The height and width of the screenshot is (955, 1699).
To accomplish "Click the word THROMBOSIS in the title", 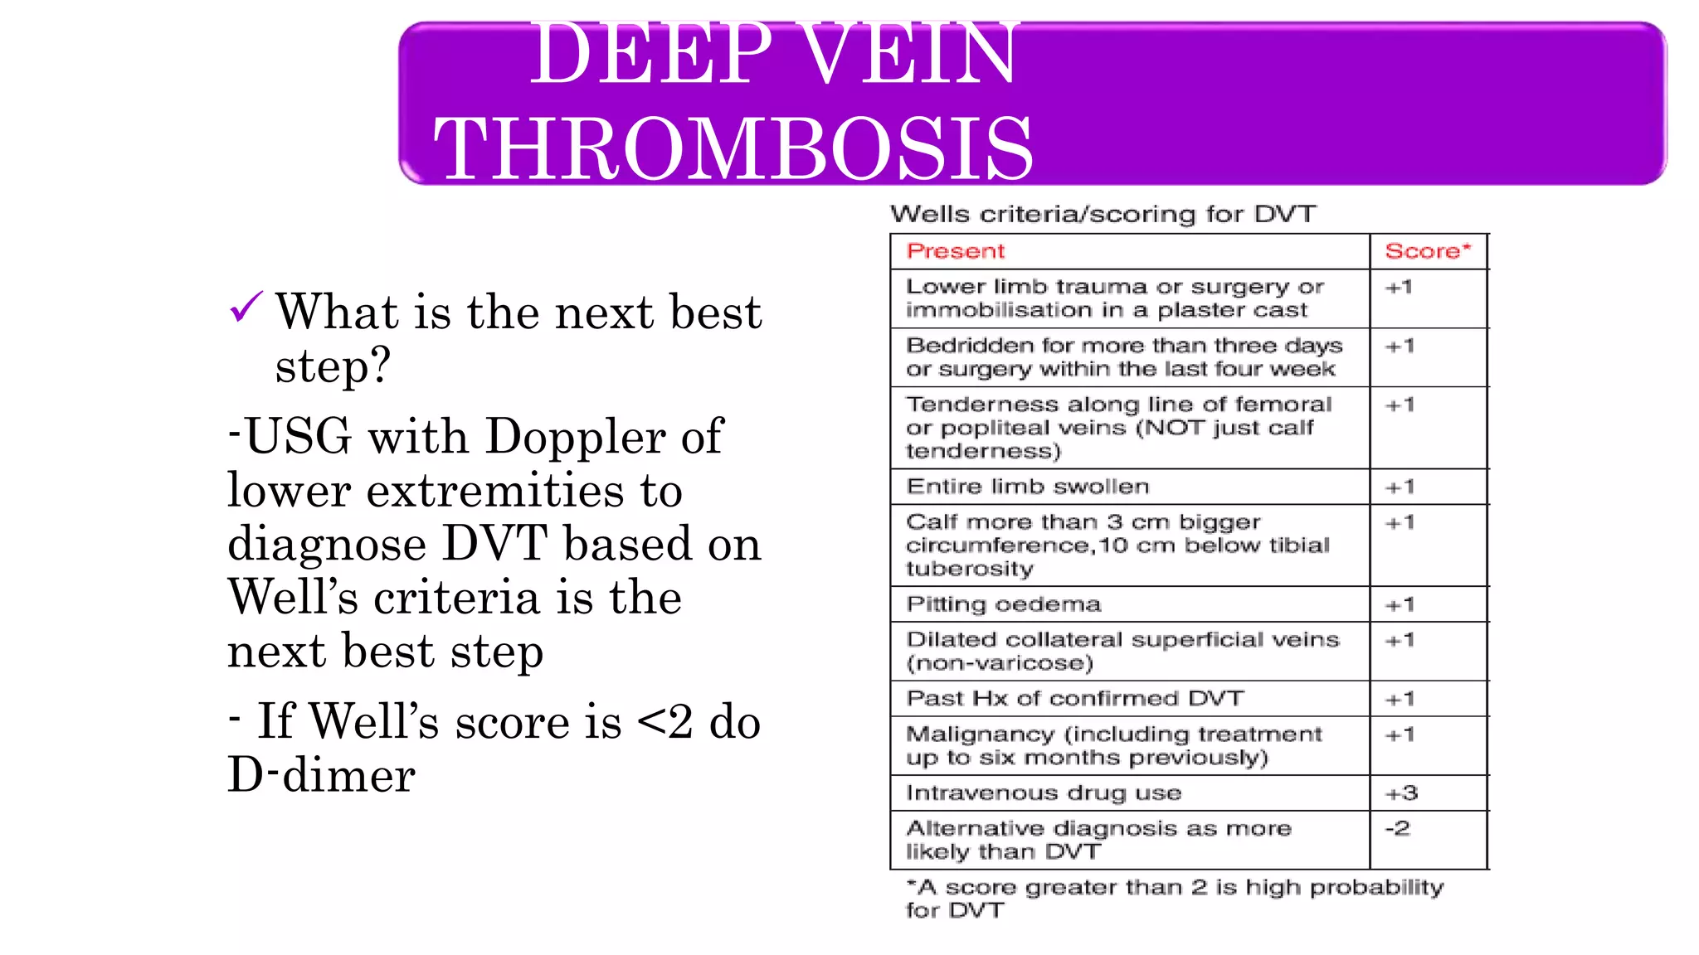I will (733, 149).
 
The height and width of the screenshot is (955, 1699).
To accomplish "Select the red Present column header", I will (955, 251).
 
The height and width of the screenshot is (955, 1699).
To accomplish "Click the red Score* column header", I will (1427, 251).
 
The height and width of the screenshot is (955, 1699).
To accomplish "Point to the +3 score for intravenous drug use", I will (1401, 793).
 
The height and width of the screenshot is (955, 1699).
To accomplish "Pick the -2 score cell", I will (1397, 828).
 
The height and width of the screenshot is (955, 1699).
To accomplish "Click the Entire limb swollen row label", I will (1027, 487).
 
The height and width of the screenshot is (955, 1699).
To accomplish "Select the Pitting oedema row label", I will (1003, 604).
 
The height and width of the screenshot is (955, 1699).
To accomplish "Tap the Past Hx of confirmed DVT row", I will (1074, 699).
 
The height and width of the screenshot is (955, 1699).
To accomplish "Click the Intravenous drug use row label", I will (1043, 793).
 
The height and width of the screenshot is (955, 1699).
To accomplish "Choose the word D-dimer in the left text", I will (321, 775).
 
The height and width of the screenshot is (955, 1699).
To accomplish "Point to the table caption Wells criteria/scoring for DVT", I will (1103, 214).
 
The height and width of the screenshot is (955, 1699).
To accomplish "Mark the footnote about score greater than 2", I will (1174, 899).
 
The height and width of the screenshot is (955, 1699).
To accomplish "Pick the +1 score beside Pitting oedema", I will (1400, 605).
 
